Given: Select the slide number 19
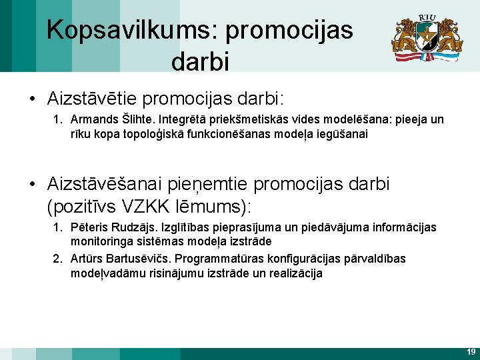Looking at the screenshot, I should coord(471,351).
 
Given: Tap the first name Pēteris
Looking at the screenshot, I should coord(90,227).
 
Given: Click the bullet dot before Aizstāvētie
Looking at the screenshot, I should coord(33,99).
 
